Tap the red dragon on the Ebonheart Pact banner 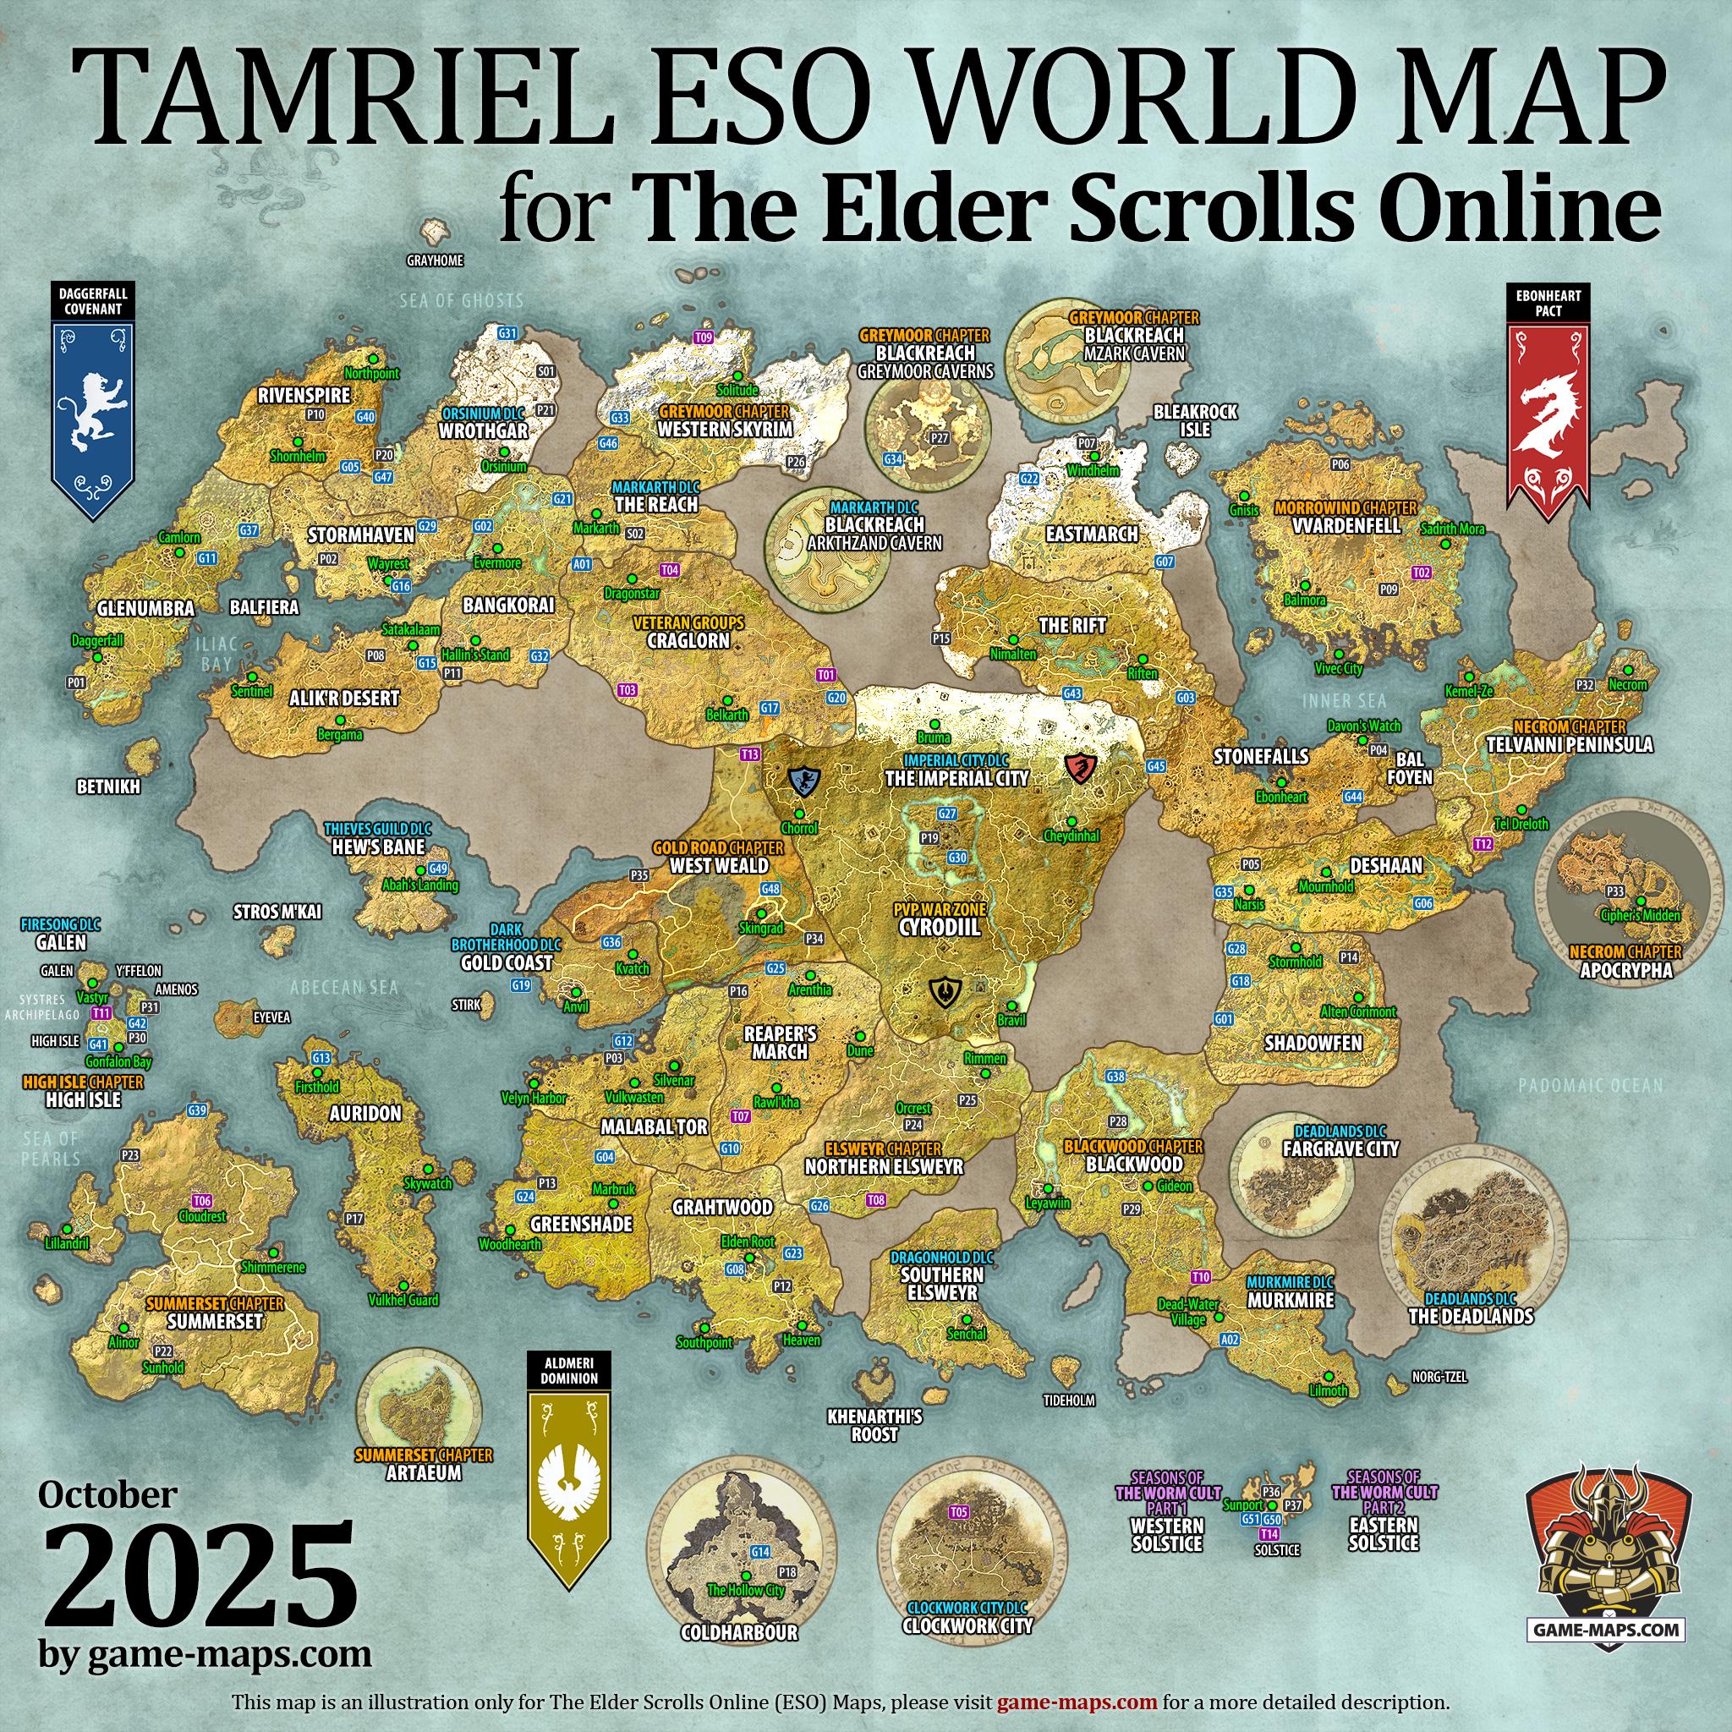1549,412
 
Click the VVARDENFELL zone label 1346,525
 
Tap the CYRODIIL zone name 940,928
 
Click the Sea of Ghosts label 462,301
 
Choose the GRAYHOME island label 435,260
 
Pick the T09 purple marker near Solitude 704,337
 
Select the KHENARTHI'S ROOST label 874,1425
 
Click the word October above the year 107,1495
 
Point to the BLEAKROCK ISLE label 1195,420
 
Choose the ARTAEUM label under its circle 423,1473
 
